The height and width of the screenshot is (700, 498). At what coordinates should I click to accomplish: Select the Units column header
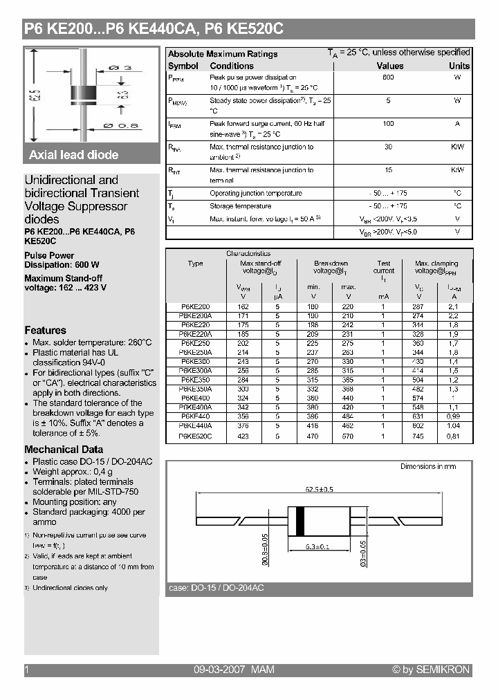(x=459, y=66)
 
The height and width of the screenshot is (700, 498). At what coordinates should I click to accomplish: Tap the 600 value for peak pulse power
(x=388, y=77)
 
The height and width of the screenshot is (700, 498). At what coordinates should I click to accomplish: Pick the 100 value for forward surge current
(x=388, y=123)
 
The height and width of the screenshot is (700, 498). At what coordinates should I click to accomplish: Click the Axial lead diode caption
(x=74, y=155)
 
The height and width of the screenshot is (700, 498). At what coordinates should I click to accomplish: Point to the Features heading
(x=46, y=331)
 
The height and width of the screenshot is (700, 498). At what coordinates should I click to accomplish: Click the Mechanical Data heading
(x=64, y=450)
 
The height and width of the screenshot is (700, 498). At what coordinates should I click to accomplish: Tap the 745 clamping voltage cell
(x=418, y=436)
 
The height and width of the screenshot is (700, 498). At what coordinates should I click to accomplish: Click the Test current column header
(x=384, y=268)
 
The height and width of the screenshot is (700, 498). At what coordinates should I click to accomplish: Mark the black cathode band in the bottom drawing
(x=299, y=522)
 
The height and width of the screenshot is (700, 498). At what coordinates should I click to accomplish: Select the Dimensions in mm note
(x=428, y=467)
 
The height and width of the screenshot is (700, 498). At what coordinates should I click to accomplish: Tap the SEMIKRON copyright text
(x=430, y=670)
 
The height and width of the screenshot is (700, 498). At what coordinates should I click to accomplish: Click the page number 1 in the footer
(x=27, y=670)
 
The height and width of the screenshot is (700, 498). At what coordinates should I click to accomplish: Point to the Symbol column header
(x=183, y=66)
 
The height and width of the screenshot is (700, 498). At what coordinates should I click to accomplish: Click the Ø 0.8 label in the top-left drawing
(x=120, y=125)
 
